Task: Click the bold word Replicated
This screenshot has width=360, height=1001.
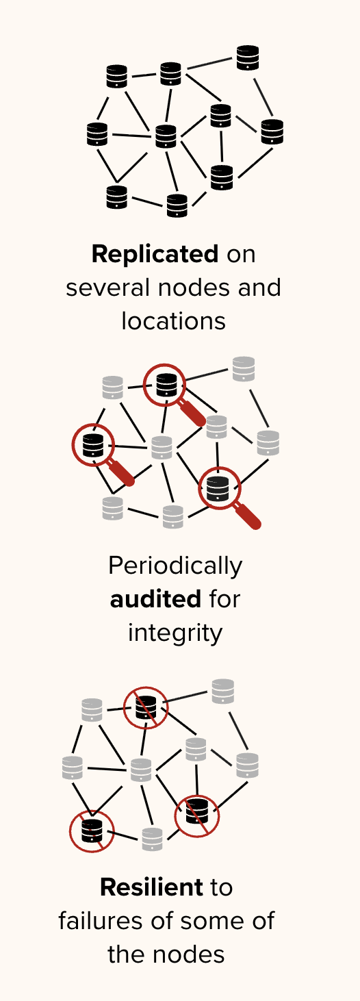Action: [x=155, y=254]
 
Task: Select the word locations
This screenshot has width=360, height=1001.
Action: [x=174, y=321]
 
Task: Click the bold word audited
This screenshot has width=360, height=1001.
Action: [x=155, y=599]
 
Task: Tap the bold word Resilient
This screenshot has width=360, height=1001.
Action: [x=151, y=887]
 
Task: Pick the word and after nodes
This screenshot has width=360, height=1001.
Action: [x=259, y=288]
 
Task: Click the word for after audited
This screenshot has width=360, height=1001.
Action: [x=224, y=599]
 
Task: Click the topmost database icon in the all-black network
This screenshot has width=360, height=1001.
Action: [x=248, y=58]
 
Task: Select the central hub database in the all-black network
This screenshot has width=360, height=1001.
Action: [x=166, y=136]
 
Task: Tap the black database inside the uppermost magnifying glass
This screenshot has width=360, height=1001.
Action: [x=166, y=385]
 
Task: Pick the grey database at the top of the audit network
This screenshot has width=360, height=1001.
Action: [x=244, y=368]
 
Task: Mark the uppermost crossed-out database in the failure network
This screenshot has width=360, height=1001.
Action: [x=146, y=708]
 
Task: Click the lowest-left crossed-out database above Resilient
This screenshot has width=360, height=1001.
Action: [x=92, y=832]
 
